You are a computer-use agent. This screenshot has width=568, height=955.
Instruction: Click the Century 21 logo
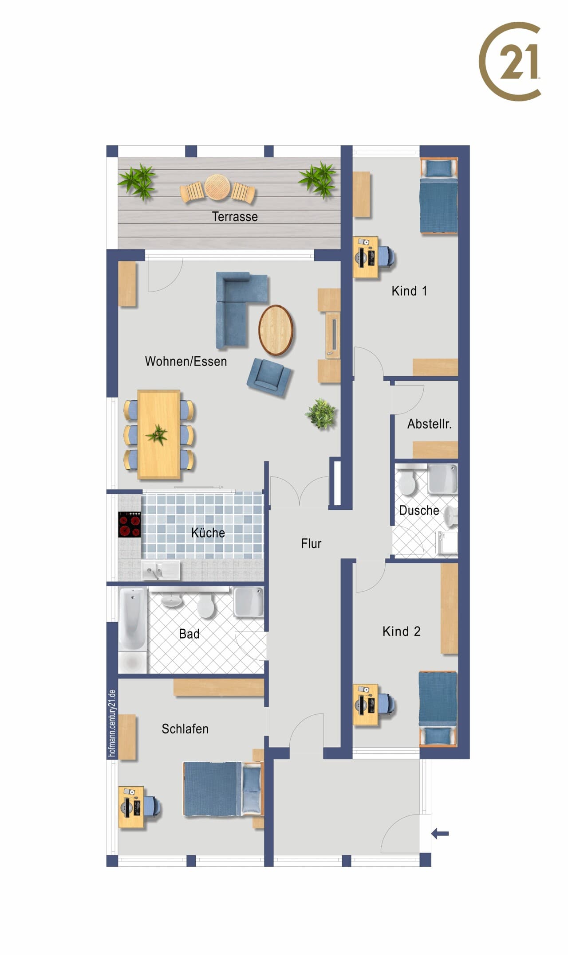pyautogui.click(x=510, y=62)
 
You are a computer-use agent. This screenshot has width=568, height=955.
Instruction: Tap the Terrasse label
pyautogui.click(x=235, y=217)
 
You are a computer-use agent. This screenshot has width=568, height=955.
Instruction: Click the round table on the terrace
pyautogui.click(x=217, y=187)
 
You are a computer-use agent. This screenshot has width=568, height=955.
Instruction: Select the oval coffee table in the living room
pyautogui.click(x=276, y=330)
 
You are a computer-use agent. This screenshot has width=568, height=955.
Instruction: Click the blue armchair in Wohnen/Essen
pyautogui.click(x=268, y=377)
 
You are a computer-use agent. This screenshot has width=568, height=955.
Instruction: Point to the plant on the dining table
pyautogui.click(x=157, y=435)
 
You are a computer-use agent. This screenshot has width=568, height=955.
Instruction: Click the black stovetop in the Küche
pyautogui.click(x=129, y=525)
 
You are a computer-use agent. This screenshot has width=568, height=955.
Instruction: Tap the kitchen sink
pyautogui.click(x=160, y=570)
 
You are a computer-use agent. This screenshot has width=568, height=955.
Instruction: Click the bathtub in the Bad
pyautogui.click(x=132, y=619)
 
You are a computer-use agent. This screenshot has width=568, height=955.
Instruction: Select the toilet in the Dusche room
pyautogui.click(x=406, y=481)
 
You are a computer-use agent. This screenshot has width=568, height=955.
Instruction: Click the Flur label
pyautogui.click(x=311, y=544)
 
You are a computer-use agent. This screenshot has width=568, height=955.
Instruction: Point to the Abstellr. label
pyautogui.click(x=430, y=424)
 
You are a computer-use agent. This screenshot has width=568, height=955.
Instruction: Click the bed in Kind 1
pyautogui.click(x=439, y=196)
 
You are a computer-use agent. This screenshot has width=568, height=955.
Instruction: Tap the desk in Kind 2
pyautogui.click(x=366, y=705)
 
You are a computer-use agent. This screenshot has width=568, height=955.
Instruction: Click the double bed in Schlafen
pyautogui.click(x=223, y=789)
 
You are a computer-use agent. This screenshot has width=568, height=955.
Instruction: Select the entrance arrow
pyautogui.click(x=440, y=834)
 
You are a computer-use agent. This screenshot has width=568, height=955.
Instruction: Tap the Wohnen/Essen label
pyautogui.click(x=186, y=362)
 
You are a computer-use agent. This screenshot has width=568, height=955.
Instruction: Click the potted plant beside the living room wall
pyautogui.click(x=321, y=413)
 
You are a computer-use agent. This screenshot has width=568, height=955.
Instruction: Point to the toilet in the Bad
pyautogui.click(x=206, y=605)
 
